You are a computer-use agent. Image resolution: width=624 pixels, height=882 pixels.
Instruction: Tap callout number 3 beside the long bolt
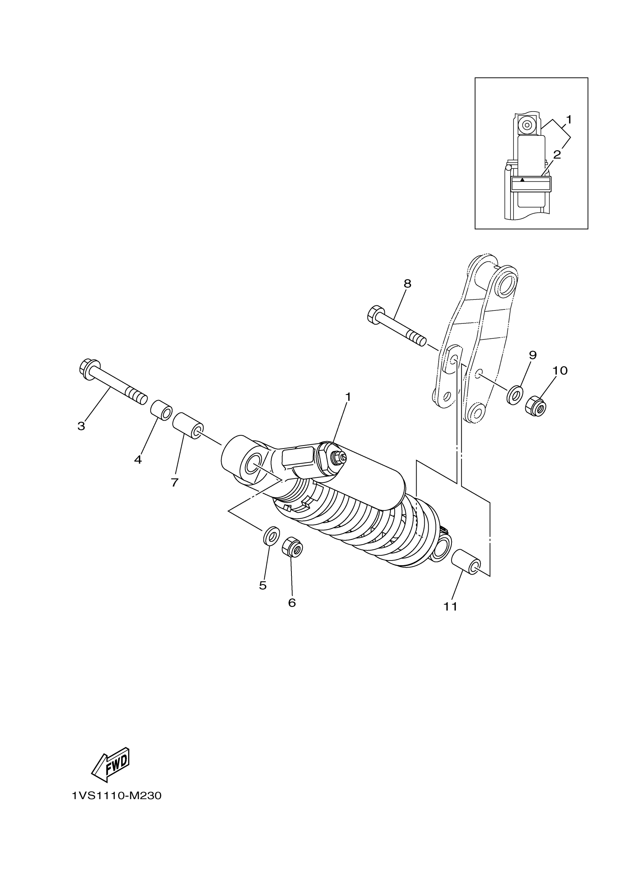click(81, 426)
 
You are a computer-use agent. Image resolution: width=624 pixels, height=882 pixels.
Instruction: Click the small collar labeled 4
click(162, 410)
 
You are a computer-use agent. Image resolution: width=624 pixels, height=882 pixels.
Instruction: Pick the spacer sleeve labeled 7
click(188, 426)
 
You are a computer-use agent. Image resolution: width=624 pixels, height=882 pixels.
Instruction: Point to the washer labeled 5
click(271, 535)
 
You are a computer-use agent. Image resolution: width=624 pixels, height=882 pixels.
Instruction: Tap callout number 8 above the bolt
click(407, 284)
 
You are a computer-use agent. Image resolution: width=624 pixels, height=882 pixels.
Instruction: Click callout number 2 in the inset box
click(557, 155)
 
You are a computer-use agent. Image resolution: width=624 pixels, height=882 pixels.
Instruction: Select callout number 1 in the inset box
click(569, 120)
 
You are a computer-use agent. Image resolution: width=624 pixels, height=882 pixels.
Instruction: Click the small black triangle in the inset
click(522, 179)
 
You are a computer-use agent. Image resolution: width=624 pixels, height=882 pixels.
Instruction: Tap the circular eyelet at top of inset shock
click(526, 125)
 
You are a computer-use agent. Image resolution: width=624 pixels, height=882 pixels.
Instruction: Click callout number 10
click(560, 371)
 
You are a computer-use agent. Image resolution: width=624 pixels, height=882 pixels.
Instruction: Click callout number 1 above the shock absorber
click(348, 397)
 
